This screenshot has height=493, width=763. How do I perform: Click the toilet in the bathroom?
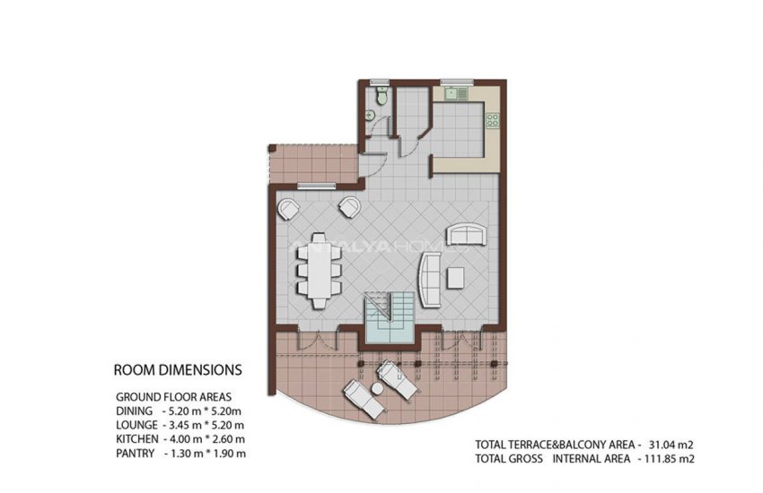pyautogui.click(x=382, y=96)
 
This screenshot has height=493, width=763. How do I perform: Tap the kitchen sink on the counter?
pyautogui.click(x=456, y=92)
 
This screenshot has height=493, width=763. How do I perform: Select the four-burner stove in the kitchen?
pyautogui.click(x=493, y=119)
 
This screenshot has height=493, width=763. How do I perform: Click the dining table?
pyautogui.click(x=320, y=271)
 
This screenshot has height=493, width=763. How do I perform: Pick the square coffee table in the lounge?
pyautogui.click(x=456, y=278)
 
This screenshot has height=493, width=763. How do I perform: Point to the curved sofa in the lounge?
pyautogui.click(x=429, y=281)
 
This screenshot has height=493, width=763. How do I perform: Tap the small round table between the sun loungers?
pyautogui.click(x=378, y=388)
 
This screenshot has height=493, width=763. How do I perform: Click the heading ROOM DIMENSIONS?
pyautogui.click(x=178, y=370)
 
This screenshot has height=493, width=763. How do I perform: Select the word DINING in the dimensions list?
pyautogui.click(x=134, y=411)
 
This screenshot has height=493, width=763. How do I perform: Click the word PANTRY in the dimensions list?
pyautogui.click(x=135, y=454)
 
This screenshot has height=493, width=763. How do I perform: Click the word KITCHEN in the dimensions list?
pyautogui.click(x=136, y=439)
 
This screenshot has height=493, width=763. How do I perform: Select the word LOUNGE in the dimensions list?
pyautogui.click(x=136, y=425)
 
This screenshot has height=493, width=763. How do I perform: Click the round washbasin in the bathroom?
pyautogui.click(x=371, y=115)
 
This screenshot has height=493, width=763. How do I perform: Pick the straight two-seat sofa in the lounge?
pyautogui.click(x=467, y=235)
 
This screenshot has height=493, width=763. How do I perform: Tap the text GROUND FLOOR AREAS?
pyautogui.click(x=174, y=397)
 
